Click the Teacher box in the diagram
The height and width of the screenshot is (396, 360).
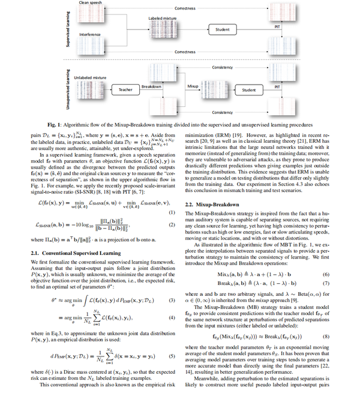126,90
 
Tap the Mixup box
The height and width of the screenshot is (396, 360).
193,86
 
